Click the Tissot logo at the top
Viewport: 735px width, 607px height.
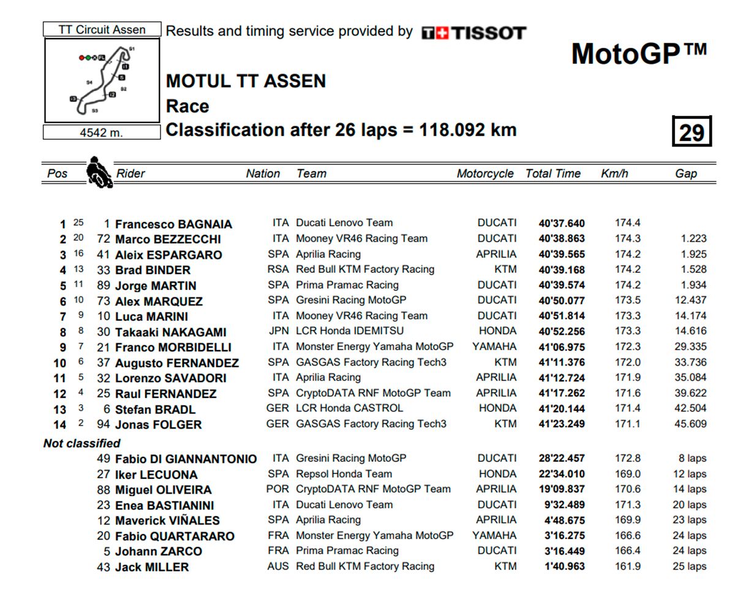473,32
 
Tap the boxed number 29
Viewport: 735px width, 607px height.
692,131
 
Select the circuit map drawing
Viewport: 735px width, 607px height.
102,80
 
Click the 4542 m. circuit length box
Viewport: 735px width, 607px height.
102,132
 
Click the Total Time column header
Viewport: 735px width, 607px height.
552,174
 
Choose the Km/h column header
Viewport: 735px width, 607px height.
614,174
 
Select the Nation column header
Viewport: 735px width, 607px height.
263,174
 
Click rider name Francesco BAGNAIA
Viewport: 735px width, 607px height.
173,224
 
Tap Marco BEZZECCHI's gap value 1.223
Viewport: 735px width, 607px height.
693,239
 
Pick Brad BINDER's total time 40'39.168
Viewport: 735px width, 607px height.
562,270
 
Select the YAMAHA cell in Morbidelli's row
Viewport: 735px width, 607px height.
494,346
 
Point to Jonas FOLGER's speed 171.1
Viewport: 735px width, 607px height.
627,424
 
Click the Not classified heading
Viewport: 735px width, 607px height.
81,443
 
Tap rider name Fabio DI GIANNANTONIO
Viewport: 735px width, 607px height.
186,459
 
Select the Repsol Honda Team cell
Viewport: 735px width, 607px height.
344,474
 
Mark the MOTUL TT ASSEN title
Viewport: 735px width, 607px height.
246,81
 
